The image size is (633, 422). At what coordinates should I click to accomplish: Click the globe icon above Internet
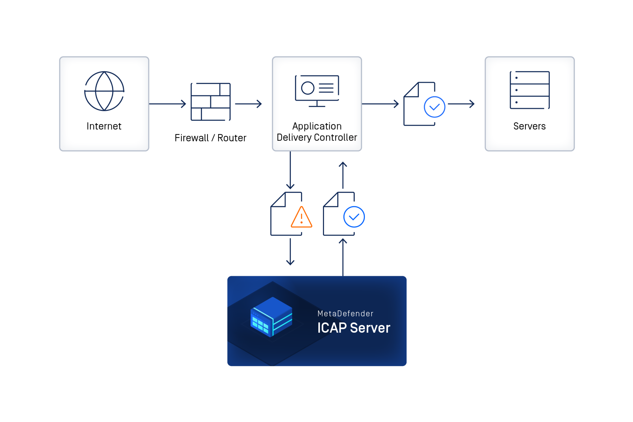click(104, 91)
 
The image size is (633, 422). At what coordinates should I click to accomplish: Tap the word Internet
click(104, 126)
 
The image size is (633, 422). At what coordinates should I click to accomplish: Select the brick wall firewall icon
click(211, 102)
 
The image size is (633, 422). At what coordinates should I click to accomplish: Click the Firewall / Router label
click(210, 138)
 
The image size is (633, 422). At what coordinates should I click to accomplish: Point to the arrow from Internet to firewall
click(168, 104)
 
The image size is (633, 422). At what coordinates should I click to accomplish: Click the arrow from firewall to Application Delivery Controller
click(248, 104)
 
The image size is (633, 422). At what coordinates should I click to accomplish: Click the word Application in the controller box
click(317, 126)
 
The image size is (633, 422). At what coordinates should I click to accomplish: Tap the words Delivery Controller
click(317, 137)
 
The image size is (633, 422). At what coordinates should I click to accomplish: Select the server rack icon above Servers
click(530, 90)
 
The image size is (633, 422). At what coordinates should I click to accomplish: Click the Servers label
click(529, 126)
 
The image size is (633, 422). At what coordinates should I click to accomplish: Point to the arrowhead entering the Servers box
click(472, 104)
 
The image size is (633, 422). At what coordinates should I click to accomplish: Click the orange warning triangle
click(301, 217)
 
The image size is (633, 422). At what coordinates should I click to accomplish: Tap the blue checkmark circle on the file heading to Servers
click(434, 107)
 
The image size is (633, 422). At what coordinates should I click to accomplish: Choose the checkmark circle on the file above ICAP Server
click(354, 217)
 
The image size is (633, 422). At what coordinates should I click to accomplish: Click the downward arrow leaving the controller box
click(290, 171)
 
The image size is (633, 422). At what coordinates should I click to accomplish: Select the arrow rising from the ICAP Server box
click(343, 257)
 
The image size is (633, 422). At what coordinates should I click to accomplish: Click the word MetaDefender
click(345, 314)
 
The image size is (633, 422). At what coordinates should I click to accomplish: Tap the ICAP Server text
click(354, 328)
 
